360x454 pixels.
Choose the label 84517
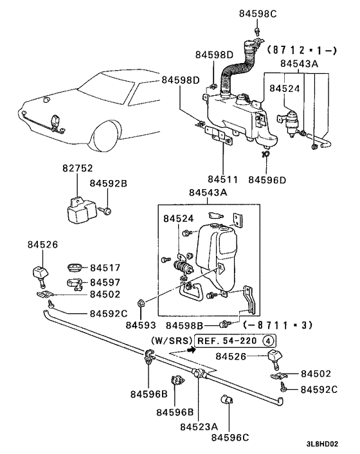(x=105, y=268)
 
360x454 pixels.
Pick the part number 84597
(x=105, y=282)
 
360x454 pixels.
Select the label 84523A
(x=199, y=426)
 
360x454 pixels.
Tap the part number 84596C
(x=230, y=437)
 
